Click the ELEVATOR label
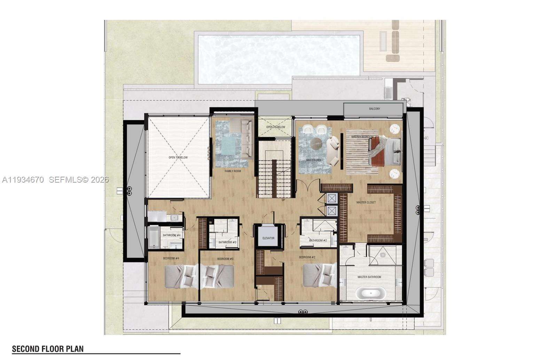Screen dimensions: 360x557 point(268,238)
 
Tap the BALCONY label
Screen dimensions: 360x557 point(375,109)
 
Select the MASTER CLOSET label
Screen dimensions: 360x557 point(366,202)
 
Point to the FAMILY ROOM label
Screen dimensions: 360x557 point(233,171)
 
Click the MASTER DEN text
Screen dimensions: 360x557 point(313,160)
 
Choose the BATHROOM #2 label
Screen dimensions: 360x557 point(318,240)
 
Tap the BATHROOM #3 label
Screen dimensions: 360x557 point(227,242)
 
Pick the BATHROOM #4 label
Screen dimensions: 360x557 point(171,235)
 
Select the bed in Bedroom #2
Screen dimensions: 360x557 point(319,275)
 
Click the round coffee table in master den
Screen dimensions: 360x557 point(317,143)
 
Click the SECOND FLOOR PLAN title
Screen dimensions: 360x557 point(48,349)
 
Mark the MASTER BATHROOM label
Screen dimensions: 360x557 point(369,277)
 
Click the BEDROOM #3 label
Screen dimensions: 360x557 point(225,259)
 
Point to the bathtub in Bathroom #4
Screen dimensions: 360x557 point(153,238)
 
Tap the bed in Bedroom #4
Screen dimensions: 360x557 point(181,277)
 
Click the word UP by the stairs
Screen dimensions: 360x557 point(283,200)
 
